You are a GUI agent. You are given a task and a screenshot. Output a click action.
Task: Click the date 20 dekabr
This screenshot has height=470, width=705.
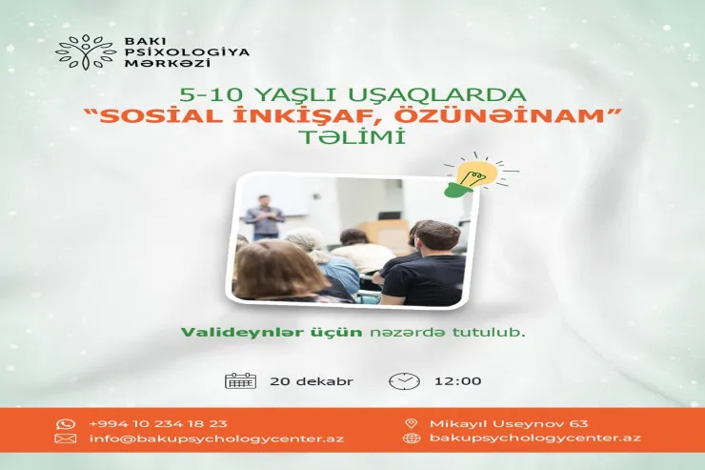coord(311,381)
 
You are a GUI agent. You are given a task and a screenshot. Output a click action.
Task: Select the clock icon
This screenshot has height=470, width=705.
coord(403,381)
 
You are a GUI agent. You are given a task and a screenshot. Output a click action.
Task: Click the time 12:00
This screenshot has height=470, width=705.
coord(457,381)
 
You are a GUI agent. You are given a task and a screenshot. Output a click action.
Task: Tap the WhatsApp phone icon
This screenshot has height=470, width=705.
coord(66,423)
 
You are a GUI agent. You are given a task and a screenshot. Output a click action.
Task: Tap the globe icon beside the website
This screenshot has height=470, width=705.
coord(412,439)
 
